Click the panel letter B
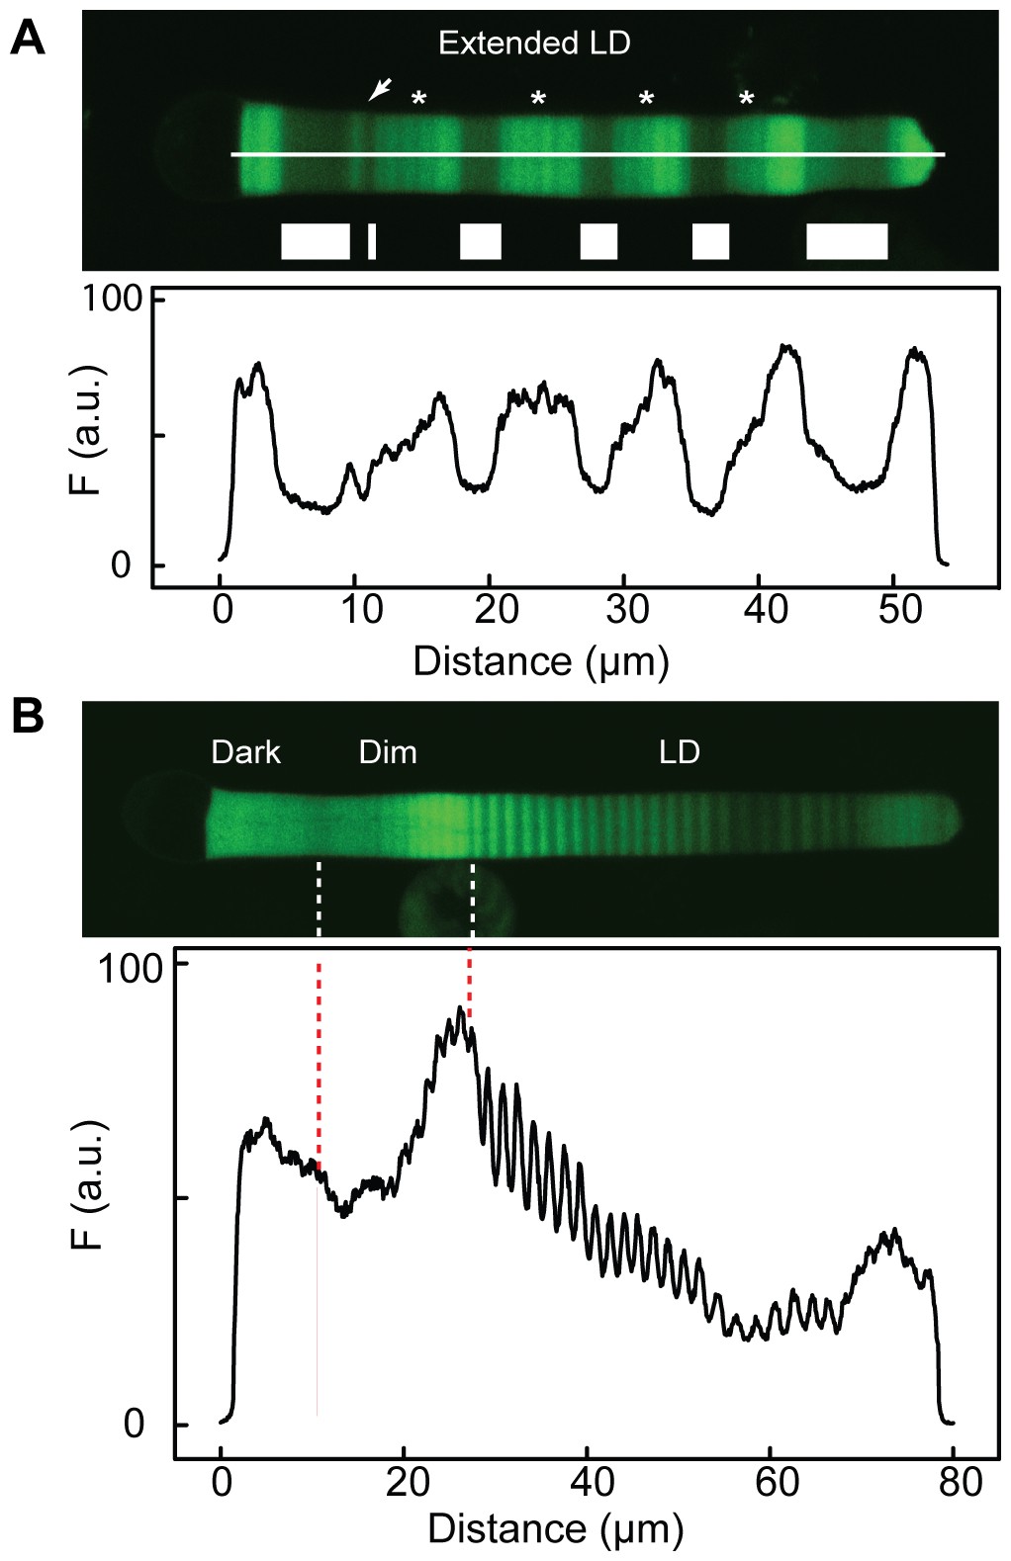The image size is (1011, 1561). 27,716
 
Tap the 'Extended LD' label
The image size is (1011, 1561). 534,43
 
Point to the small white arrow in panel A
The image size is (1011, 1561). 379,90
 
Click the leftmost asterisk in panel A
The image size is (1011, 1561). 419,99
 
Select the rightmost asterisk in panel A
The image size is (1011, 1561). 747,99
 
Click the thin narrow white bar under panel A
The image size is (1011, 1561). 372,241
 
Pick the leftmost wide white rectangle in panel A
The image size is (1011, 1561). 316,241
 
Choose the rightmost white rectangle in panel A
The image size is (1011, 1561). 847,241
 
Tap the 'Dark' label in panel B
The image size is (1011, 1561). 246,752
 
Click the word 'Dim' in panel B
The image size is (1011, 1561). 388,752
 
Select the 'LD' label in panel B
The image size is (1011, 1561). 680,752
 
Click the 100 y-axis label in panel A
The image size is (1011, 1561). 112,299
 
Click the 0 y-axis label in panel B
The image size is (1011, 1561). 134,1425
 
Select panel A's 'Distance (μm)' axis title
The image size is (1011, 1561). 541,660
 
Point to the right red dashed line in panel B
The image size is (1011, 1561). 470,984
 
